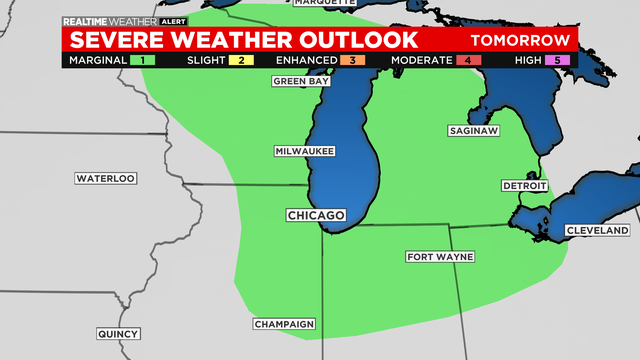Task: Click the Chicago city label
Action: pyautogui.click(x=316, y=215)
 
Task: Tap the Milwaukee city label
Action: pyautogui.click(x=304, y=151)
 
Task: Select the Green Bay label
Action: pyautogui.click(x=300, y=81)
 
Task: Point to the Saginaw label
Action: pyautogui.click(x=472, y=131)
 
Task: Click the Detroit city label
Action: pyautogui.click(x=525, y=186)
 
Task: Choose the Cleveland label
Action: pyautogui.click(x=597, y=230)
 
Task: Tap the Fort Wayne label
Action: pyautogui.click(x=440, y=257)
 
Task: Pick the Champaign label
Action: pyautogui.click(x=284, y=324)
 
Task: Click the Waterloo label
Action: pyautogui.click(x=105, y=178)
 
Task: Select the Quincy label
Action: pyautogui.click(x=119, y=334)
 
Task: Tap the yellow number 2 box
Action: pyautogui.click(x=242, y=60)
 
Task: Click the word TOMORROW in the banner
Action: pyautogui.click(x=521, y=41)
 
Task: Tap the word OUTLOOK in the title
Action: pyautogui.click(x=350, y=40)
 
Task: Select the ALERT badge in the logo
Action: pyautogui.click(x=174, y=21)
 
